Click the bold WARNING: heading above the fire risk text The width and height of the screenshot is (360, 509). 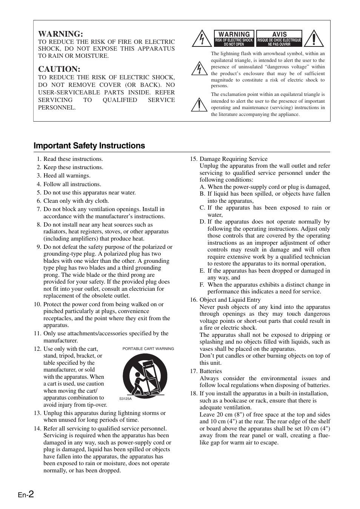pyautogui.click(x=60, y=34)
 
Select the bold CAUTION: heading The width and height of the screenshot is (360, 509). pyautogui.click(x=59, y=69)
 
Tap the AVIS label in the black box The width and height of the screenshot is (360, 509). pyautogui.click(x=279, y=34)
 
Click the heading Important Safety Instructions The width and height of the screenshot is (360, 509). pyautogui.click(x=89, y=146)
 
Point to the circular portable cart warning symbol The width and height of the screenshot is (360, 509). pyautogui.click(x=145, y=375)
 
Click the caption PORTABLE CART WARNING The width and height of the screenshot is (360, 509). pyautogui.click(x=148, y=349)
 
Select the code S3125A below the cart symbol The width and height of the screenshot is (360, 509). pyautogui.click(x=125, y=399)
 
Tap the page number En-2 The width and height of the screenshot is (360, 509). pyautogui.click(x=26, y=494)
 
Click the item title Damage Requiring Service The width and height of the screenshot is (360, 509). pyautogui.click(x=233, y=159)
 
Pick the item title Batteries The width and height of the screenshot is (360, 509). pyautogui.click(x=211, y=371)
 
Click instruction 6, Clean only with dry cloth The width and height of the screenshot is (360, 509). pyautogui.click(x=76, y=201)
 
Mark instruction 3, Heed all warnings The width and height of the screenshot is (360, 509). pyautogui.click(x=67, y=176)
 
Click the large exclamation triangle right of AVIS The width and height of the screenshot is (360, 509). pyautogui.click(x=313, y=39)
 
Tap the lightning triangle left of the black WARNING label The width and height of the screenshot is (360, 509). pyautogui.click(x=202, y=39)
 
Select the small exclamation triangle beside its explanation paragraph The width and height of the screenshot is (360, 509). pyautogui.click(x=198, y=105)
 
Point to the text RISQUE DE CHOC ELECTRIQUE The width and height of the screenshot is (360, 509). pyautogui.click(x=279, y=40)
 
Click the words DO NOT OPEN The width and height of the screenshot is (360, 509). pyautogui.click(x=234, y=44)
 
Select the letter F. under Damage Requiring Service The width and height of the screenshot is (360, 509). pyautogui.click(x=202, y=285)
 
